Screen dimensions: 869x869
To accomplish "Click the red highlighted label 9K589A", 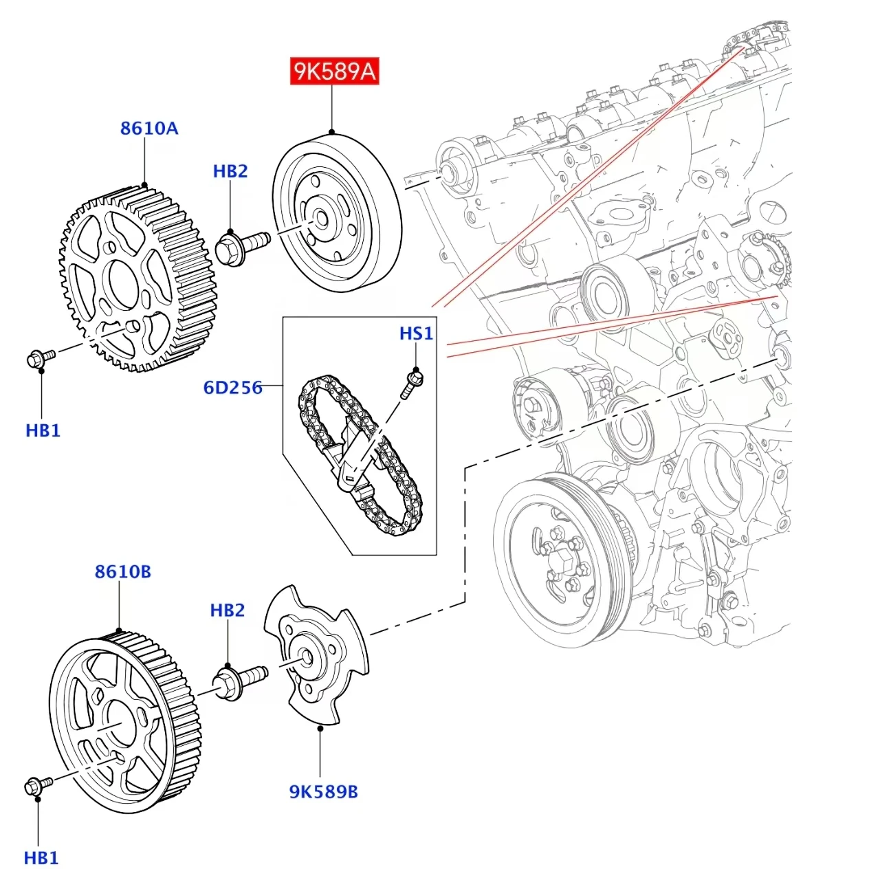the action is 334,71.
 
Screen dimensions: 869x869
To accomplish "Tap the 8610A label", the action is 149,129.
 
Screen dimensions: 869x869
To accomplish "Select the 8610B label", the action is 122,571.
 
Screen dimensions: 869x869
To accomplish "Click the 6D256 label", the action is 232,387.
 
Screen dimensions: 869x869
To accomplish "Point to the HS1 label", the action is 416,333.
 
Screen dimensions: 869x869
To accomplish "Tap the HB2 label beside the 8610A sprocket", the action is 230,171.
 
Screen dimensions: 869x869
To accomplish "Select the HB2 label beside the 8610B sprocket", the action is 228,610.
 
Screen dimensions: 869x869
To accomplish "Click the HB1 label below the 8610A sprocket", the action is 43,430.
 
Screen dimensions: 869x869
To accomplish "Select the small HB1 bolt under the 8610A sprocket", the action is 41,358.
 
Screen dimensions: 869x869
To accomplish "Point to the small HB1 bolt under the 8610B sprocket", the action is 38,785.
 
